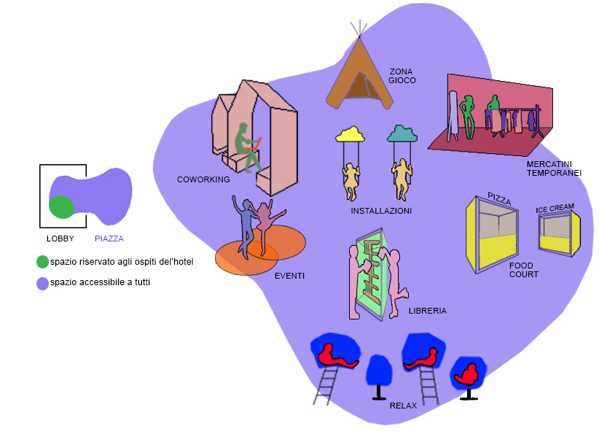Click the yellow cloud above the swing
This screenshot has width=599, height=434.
tap(351, 133)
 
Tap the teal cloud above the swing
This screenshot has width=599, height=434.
tap(402, 133)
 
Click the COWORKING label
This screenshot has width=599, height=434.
tap(203, 179)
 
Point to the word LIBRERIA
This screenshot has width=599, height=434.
tap(428, 311)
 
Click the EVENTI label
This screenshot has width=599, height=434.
tap(289, 276)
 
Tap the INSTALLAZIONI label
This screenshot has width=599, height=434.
tap(381, 211)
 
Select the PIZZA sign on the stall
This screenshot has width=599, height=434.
tap(499, 199)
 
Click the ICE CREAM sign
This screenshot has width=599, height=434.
tap(555, 209)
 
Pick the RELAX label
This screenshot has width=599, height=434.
tap(403, 406)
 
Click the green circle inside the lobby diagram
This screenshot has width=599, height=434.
tap(61, 207)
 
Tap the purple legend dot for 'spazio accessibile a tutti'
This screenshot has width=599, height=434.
tap(43, 282)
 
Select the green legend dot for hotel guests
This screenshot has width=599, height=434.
tap(43, 261)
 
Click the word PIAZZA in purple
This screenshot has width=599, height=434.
tap(109, 239)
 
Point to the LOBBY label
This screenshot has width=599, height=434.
tap(60, 239)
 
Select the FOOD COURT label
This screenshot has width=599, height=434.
tap(523, 270)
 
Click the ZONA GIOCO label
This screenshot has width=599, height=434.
tap(402, 76)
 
